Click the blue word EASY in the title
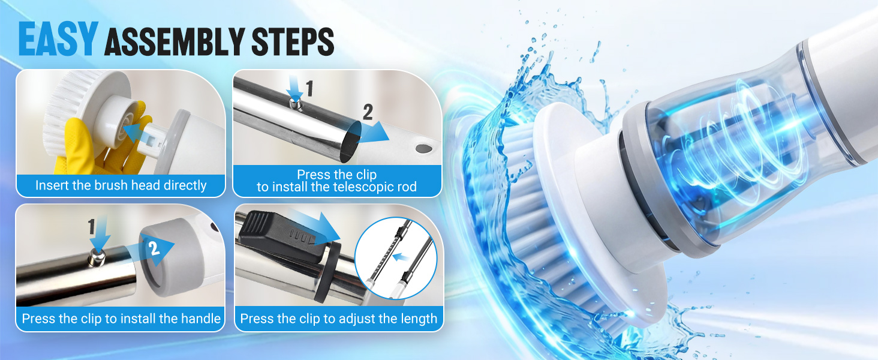point(58,40)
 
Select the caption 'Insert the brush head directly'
point(121,185)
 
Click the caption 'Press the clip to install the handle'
point(121,318)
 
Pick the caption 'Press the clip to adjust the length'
point(338,318)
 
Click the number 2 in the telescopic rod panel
point(368,112)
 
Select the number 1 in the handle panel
point(91,227)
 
